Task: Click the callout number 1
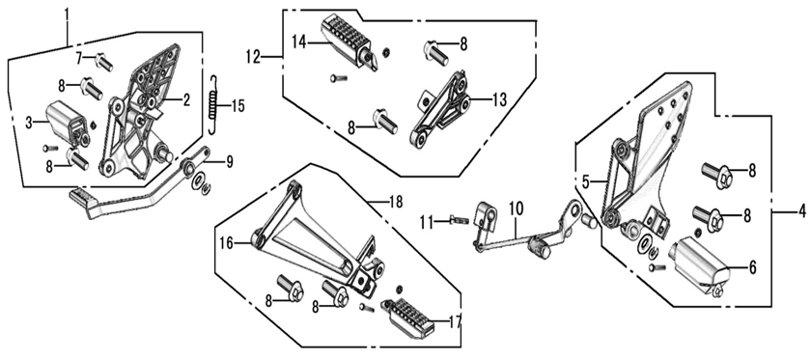[x=68, y=14]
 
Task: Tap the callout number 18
[x=394, y=202]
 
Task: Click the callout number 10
[x=515, y=207]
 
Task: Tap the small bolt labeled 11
[x=457, y=220]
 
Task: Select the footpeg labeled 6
[x=700, y=259]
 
